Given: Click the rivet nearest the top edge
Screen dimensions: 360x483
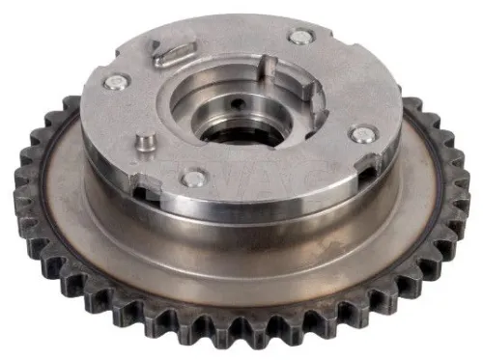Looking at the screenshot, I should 301,38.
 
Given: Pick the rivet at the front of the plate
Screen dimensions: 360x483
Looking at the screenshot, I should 194,179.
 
